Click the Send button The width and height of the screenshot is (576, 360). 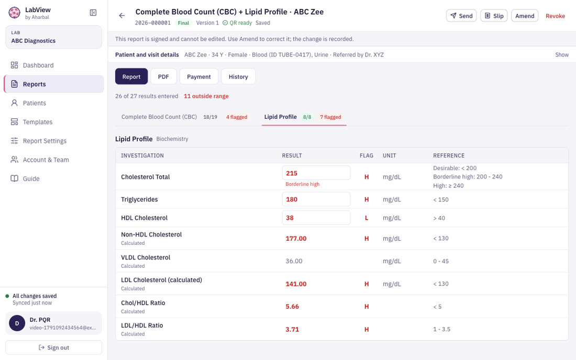pos(461,16)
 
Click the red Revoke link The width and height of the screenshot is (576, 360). pos(555,16)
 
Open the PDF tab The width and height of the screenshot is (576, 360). pos(163,76)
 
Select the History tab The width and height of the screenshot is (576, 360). pos(238,76)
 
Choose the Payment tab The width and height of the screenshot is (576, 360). pos(199,76)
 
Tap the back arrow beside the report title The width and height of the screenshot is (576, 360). pos(122,15)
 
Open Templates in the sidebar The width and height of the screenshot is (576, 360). pos(38,122)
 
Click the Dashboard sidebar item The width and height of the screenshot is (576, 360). pos(38,65)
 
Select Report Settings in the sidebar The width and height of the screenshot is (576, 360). pos(45,141)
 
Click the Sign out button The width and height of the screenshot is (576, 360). pos(53,347)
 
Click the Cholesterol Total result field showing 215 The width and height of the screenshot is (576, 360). pos(316,173)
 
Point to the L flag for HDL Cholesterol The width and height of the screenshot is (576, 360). pos(366,218)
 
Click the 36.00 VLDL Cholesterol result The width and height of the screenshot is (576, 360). pos(294,261)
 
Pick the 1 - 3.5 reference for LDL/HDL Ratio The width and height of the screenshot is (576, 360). pos(441,329)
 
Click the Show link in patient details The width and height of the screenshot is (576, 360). pos(562,54)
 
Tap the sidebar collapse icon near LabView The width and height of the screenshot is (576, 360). pos(93,13)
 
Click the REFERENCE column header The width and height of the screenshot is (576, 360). pos(449,155)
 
